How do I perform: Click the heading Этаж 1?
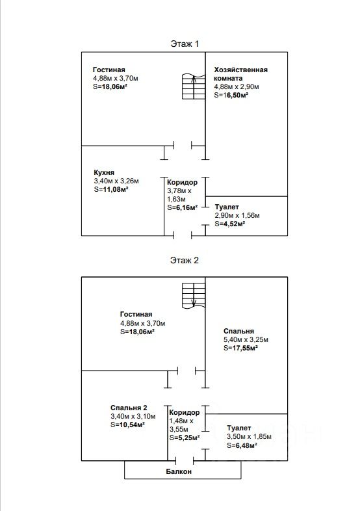click(x=185, y=44)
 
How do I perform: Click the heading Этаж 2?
click(x=185, y=261)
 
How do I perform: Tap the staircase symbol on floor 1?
click(x=194, y=86)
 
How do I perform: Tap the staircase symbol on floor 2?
click(x=194, y=296)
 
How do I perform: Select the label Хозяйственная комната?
click(x=241, y=74)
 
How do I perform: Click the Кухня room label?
click(x=104, y=172)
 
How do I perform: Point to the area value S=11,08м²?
click(x=110, y=189)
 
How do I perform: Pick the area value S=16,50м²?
click(x=231, y=95)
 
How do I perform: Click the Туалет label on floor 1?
click(x=227, y=207)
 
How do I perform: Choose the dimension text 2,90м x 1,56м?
click(x=237, y=215)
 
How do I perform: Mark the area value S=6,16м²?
click(x=183, y=207)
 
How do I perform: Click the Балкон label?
click(x=179, y=471)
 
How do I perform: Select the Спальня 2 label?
click(x=129, y=408)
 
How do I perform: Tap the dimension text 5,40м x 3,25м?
click(x=246, y=339)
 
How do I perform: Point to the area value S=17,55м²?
click(x=241, y=348)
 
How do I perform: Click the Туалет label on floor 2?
click(x=238, y=428)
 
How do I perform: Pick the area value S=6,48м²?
click(x=242, y=445)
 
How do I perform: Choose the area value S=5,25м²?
click(x=185, y=438)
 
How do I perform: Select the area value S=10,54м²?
click(x=128, y=425)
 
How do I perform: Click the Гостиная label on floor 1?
click(x=109, y=70)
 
